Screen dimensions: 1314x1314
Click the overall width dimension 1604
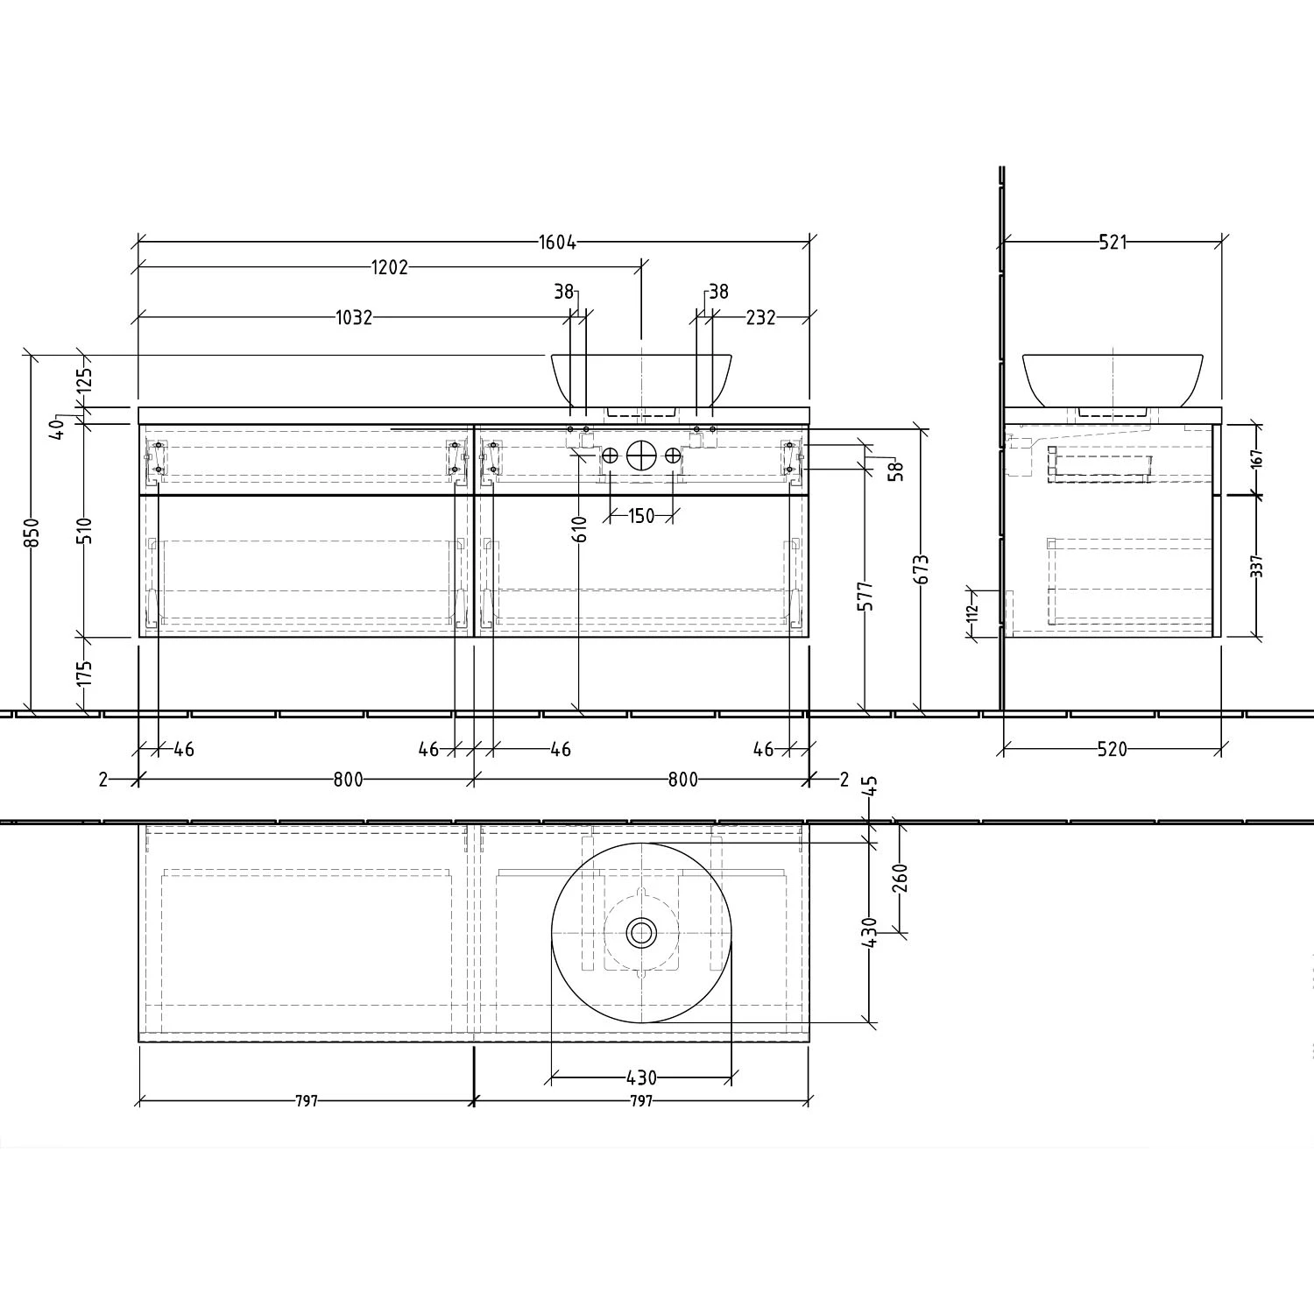pos(558,243)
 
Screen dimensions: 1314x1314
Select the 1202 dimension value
pos(390,268)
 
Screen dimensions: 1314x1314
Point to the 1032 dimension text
pos(354,317)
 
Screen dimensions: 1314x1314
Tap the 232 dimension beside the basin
pos(760,317)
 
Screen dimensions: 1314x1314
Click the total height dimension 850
pos(32,533)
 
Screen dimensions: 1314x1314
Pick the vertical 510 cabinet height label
pos(84,531)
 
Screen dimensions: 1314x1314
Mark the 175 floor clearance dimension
pos(84,674)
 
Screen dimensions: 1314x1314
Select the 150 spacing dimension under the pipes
pos(641,516)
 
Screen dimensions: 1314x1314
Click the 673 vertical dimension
pos(921,569)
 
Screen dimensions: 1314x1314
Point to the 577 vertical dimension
pos(865,596)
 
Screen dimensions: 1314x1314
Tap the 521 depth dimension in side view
pos(1113,243)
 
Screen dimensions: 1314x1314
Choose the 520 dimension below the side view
pos(1112,749)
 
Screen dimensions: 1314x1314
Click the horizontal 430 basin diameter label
pos(641,1077)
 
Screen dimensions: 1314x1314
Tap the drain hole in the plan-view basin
pos(641,933)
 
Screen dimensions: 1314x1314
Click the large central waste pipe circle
pos(641,456)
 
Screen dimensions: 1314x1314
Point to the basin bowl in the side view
pos(1113,377)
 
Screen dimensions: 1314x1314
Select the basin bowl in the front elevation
pos(641,377)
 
